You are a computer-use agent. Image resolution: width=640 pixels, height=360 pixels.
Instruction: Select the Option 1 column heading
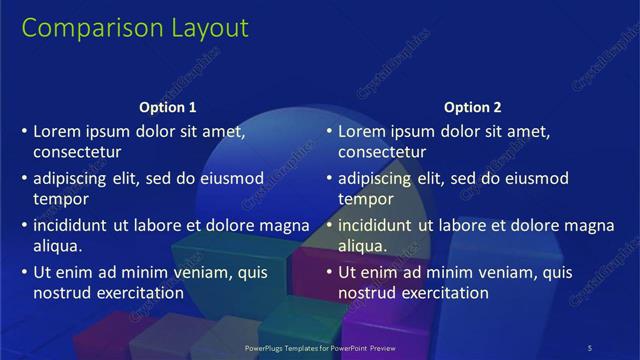(x=168, y=107)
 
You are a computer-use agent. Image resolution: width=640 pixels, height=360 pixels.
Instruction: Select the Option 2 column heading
(x=473, y=107)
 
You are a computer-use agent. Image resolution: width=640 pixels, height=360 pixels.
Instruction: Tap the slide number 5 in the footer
(x=590, y=347)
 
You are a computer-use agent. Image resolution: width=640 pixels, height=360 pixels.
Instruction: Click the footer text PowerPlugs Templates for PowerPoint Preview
(x=320, y=347)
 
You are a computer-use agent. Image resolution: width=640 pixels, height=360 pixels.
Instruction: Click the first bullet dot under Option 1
(x=24, y=131)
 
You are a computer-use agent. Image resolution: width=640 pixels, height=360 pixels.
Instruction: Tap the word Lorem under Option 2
(x=362, y=131)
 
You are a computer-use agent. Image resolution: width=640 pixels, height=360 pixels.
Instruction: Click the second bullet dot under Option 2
(x=329, y=178)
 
